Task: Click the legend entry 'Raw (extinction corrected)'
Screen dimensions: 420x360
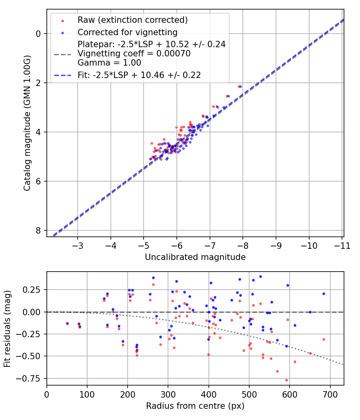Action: (x=132, y=20)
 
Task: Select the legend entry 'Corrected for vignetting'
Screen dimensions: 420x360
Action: (x=128, y=32)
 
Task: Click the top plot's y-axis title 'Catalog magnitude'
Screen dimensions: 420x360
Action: (x=27, y=123)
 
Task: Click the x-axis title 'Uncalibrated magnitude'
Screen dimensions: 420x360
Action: (x=195, y=257)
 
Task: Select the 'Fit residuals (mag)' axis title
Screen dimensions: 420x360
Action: (x=7, y=328)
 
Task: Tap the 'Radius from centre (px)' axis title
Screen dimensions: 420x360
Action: (x=195, y=406)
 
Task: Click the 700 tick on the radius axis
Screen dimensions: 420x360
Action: (x=330, y=394)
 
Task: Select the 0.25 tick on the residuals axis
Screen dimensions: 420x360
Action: (x=34, y=290)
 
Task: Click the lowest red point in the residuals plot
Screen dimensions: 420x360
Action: (x=286, y=380)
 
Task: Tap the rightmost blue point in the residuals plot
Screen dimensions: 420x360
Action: (x=324, y=294)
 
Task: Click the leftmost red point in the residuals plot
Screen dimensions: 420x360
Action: (x=67, y=324)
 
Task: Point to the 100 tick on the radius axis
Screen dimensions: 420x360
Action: (x=87, y=394)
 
